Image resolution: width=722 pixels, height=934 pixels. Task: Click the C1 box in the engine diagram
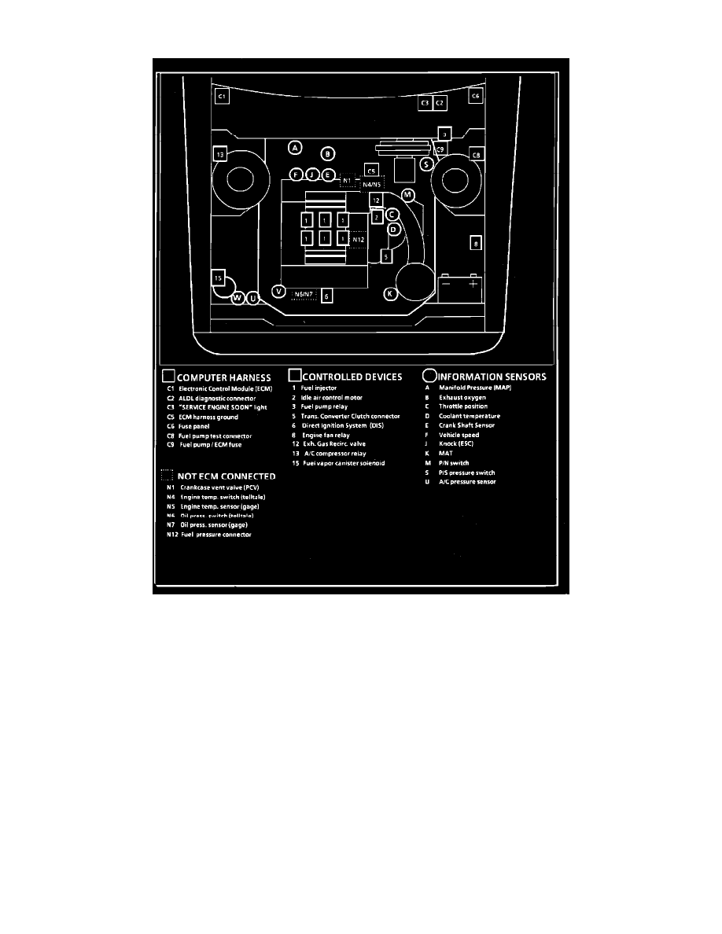[222, 96]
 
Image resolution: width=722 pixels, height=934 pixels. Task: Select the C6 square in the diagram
[475, 96]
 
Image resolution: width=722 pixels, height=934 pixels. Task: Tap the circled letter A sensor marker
[295, 148]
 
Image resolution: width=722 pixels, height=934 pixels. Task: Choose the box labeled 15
[220, 278]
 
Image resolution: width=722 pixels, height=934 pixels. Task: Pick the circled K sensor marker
[390, 294]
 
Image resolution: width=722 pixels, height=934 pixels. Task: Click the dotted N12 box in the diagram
[357, 239]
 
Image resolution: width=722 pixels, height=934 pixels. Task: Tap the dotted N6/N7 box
[304, 295]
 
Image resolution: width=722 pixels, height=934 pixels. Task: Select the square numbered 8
[475, 244]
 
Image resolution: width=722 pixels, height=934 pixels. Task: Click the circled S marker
[425, 164]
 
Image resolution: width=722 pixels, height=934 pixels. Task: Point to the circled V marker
[278, 291]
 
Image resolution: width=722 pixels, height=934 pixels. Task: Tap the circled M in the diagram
[407, 194]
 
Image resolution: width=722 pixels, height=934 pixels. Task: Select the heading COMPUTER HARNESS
[223, 377]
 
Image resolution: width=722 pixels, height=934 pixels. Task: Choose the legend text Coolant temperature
[469, 416]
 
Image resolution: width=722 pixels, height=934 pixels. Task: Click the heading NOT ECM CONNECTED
[227, 476]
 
